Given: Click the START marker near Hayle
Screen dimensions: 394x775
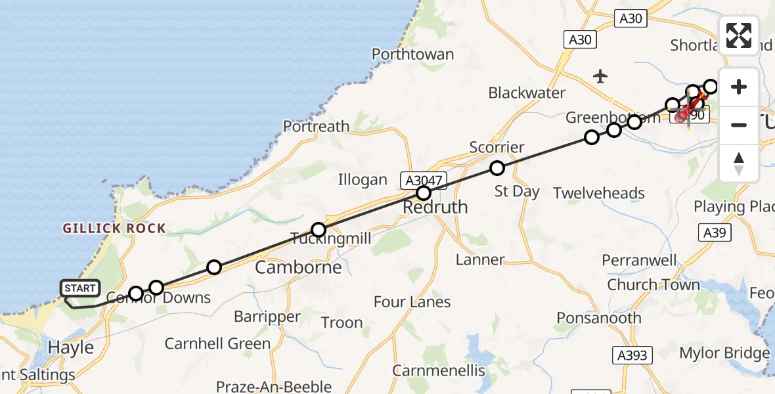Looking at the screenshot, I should [79, 288].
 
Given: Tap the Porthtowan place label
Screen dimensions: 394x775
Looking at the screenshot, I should [412, 54].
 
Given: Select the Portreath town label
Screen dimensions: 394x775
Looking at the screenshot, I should [316, 126].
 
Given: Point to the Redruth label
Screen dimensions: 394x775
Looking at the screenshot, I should [435, 208].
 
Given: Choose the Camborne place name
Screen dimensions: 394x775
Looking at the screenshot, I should [298, 267].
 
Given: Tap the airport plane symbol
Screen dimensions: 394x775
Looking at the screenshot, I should [600, 76].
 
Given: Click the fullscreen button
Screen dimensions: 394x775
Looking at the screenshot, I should [739, 35].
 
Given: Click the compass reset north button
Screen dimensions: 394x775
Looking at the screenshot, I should [739, 163].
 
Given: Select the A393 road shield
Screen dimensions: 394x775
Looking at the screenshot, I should [632, 355].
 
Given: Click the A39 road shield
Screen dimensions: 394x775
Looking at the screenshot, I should [715, 233].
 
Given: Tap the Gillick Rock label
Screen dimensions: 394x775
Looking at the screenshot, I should [114, 229].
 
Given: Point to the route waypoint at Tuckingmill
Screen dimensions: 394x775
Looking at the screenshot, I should [319, 230].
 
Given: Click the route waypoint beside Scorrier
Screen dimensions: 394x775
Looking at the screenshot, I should [497, 168].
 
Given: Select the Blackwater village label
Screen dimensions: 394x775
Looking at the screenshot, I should [527, 93].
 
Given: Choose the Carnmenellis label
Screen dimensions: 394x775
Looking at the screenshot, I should [439, 370].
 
